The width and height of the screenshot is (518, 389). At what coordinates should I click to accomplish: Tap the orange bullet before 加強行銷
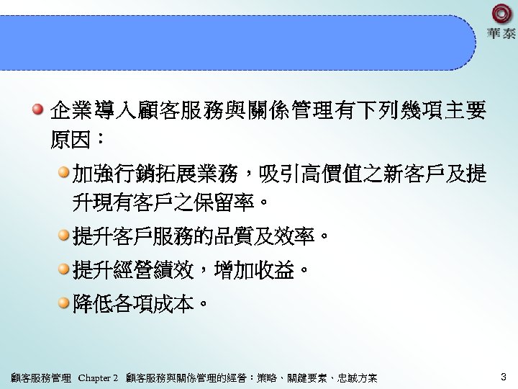(64, 173)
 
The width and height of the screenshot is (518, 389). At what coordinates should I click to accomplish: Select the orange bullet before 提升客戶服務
(64, 234)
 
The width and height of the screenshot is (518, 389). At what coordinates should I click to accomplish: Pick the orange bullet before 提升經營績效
(64, 269)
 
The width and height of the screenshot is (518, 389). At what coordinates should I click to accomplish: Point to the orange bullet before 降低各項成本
(64, 303)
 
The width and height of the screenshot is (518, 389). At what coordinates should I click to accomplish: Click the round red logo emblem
(501, 15)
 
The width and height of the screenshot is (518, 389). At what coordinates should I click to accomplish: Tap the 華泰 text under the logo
(501, 35)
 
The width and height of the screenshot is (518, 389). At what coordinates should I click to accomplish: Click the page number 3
(503, 377)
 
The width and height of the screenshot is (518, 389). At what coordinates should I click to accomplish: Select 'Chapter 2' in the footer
(98, 378)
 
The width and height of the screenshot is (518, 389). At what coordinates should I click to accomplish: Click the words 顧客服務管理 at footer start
(41, 378)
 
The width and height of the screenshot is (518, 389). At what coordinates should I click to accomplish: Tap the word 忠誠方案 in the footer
(360, 378)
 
